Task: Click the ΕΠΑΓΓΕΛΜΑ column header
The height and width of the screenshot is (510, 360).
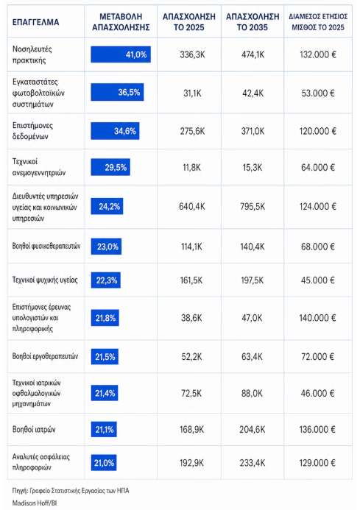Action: point(35,22)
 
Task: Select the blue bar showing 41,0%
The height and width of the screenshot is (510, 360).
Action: point(121,54)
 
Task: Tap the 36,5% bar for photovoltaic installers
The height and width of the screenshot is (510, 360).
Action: point(117,93)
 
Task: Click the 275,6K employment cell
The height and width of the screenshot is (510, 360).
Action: point(192,131)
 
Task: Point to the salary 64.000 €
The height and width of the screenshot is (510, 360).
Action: point(318,168)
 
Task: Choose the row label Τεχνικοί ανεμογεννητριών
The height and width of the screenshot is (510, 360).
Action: point(39,167)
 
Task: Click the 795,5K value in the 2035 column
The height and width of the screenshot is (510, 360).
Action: point(253,207)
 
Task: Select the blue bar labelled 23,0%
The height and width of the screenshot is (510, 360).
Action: point(107,247)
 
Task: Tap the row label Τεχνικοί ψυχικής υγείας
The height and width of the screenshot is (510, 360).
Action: point(45,280)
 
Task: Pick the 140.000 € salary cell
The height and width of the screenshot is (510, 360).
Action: point(317,318)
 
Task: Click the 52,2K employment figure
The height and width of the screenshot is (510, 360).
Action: point(191,357)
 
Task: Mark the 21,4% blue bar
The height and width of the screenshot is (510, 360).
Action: point(105,393)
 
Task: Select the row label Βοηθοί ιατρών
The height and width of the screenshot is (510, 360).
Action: point(34,429)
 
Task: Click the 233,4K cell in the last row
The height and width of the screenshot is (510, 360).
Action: point(253,463)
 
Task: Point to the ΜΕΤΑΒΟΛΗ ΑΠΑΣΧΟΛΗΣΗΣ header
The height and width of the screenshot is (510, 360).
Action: point(121,22)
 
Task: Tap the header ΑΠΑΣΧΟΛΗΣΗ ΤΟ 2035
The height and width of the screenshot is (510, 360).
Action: point(253,22)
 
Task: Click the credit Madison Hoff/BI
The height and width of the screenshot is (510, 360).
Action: point(35,503)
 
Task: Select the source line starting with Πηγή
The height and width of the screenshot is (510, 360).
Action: point(71,490)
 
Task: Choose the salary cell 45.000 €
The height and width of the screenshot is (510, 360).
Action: point(318,280)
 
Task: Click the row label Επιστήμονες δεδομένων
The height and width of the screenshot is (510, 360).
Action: point(32,131)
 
